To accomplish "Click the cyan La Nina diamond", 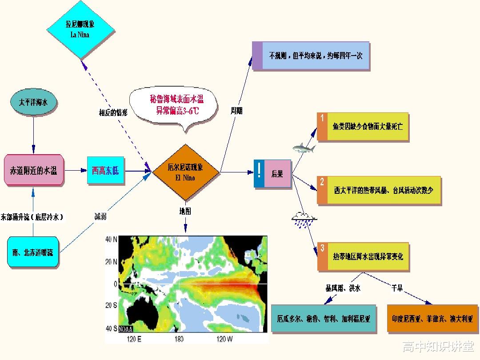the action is click(x=80, y=30).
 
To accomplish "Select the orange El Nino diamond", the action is click(x=185, y=172).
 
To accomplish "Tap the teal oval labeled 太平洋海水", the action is click(x=33, y=102).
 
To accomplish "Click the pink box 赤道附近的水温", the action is click(x=34, y=170).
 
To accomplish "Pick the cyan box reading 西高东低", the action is click(x=106, y=170).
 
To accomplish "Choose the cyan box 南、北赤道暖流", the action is click(x=33, y=252).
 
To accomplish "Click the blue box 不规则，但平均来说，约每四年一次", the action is click(x=311, y=56).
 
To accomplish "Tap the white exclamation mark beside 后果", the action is click(x=259, y=170).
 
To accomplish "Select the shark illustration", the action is click(x=304, y=148).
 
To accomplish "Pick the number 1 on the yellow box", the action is click(x=322, y=118).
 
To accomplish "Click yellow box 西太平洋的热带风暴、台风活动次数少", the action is click(x=379, y=190).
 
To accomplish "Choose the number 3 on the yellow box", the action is click(x=322, y=248).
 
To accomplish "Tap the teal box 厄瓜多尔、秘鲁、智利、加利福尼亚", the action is click(x=324, y=318).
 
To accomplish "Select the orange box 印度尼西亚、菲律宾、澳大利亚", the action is click(x=432, y=318).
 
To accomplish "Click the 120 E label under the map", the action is click(x=134, y=339).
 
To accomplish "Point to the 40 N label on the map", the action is click(x=111, y=239).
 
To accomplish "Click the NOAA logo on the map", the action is click(x=125, y=329).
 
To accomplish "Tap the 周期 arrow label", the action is click(x=236, y=111).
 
